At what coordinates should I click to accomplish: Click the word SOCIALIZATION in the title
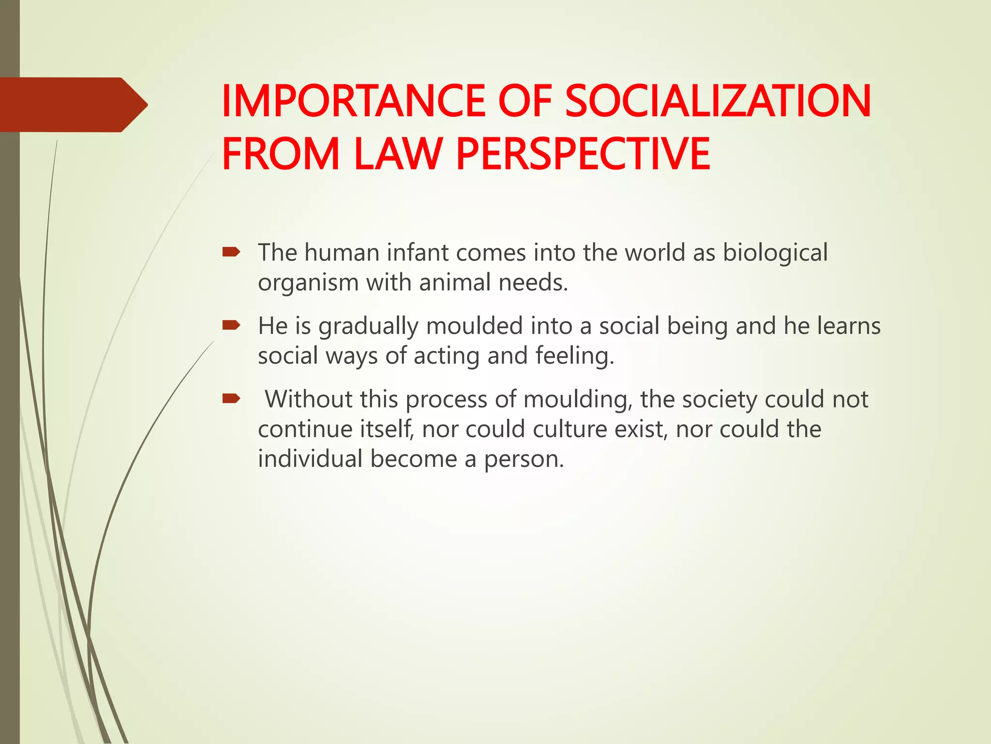(718, 101)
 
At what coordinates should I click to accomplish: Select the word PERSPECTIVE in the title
(583, 154)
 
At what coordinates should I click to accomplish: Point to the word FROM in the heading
(281, 154)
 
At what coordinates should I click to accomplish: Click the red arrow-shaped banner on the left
(73, 105)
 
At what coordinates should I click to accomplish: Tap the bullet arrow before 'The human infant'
(231, 252)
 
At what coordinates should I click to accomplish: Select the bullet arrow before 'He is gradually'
(231, 325)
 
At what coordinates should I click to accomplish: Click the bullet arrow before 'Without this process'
(231, 399)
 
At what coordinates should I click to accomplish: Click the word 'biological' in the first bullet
(775, 253)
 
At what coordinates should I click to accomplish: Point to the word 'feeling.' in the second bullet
(575, 356)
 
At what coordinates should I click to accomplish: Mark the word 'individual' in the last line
(310, 459)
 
